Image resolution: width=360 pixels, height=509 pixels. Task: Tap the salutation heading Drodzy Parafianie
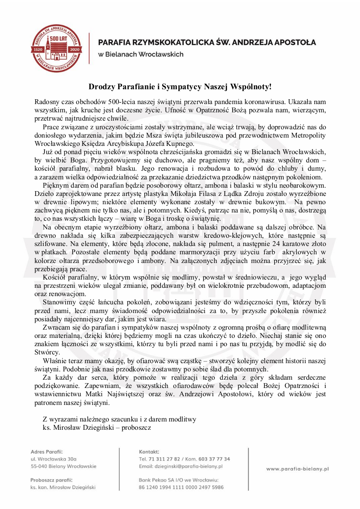pos(180,87)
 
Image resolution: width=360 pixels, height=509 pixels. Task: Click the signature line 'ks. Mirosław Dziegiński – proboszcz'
pos(97,428)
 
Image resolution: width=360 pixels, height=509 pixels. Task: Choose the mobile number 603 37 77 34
pos(214,459)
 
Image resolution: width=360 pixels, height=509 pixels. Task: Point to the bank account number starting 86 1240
pos(181,487)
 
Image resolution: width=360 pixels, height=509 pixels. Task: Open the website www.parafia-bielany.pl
pos(297,469)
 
